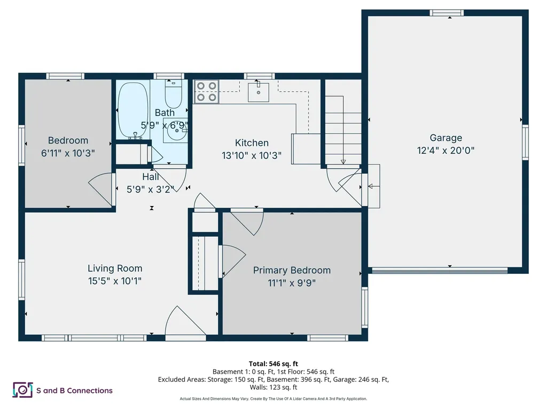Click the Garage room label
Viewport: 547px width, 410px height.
[446, 138]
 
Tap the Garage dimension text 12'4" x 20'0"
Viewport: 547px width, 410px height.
[446, 151]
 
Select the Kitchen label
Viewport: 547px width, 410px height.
[252, 143]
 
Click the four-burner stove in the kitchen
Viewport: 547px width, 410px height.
[206, 91]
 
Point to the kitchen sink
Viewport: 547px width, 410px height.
[259, 91]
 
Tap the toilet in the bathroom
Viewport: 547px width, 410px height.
[173, 94]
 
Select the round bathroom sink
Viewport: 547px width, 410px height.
[175, 130]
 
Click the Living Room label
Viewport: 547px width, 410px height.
[115, 269]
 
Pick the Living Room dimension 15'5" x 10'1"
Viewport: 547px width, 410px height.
[115, 281]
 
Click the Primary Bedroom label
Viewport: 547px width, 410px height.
[292, 270]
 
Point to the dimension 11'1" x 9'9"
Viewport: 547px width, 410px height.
[292, 283]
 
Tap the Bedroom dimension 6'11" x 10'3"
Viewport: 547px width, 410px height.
[68, 153]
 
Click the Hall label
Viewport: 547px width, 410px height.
[151, 177]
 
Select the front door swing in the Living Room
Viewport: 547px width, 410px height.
[184, 324]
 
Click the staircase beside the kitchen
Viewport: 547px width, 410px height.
[343, 131]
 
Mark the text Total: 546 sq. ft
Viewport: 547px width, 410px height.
[273, 364]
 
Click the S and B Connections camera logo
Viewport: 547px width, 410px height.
[22, 390]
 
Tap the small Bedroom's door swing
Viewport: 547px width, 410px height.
[100, 190]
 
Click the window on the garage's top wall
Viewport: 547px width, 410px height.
[447, 12]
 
